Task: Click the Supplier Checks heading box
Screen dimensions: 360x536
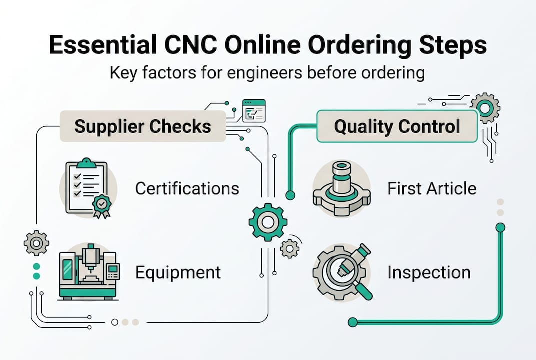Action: click(142, 126)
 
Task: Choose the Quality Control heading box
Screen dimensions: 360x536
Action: click(397, 126)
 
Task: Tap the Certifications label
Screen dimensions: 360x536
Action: click(187, 188)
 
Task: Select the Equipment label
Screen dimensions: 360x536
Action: click(178, 272)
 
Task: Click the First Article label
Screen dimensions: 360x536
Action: click(432, 188)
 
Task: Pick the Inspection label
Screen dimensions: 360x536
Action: click(429, 272)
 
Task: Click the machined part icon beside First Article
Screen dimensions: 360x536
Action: click(341, 188)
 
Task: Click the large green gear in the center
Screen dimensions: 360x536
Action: click(268, 222)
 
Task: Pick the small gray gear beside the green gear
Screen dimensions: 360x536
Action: click(290, 248)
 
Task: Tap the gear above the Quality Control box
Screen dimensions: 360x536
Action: click(485, 108)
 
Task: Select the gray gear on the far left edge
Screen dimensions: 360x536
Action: click(36, 243)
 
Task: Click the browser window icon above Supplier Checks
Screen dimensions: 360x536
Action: click(253, 110)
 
